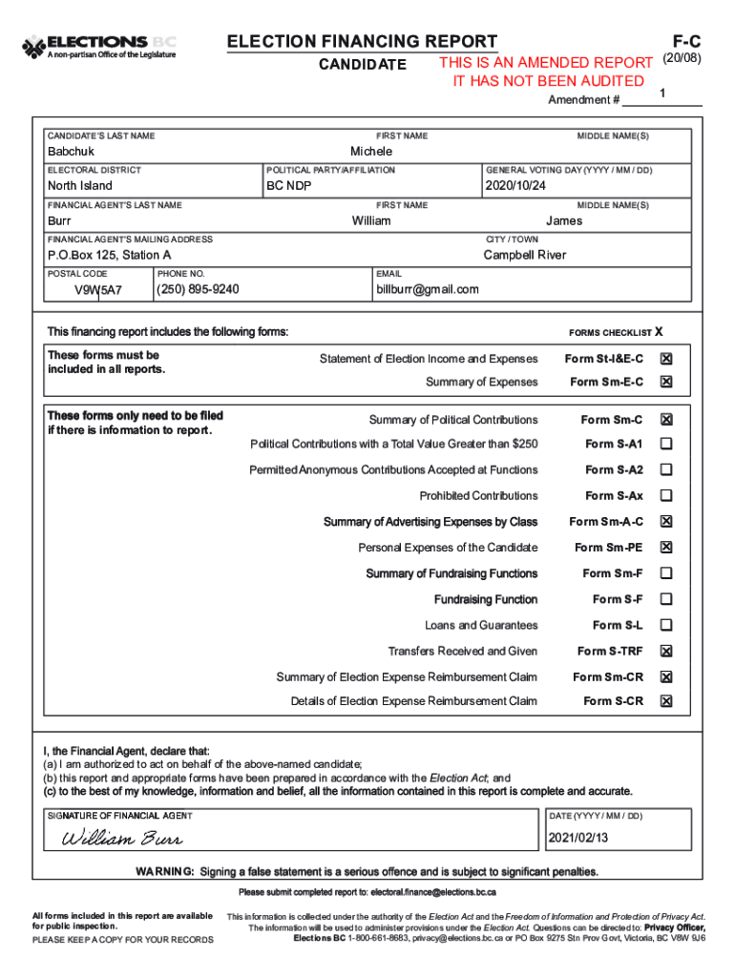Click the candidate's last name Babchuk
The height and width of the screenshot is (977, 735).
(72, 153)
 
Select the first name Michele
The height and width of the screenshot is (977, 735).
(371, 152)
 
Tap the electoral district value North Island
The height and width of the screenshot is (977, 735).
(80, 186)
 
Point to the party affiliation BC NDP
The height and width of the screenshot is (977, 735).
(289, 186)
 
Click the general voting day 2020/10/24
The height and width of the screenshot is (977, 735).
(515, 186)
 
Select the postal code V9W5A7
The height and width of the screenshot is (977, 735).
(98, 290)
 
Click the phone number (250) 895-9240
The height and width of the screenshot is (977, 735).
(198, 290)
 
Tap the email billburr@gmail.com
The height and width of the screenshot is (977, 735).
(428, 290)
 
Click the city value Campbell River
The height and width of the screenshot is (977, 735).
(524, 256)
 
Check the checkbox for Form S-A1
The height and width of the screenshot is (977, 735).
(666, 444)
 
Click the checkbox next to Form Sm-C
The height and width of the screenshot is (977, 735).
(666, 420)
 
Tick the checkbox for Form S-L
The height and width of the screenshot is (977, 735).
(666, 625)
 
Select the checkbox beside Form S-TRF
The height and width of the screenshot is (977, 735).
(666, 651)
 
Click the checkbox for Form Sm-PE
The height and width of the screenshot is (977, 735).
(666, 548)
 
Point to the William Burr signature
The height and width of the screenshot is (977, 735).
(122, 840)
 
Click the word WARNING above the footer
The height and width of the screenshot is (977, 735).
(165, 872)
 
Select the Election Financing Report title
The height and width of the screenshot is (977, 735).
(361, 41)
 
